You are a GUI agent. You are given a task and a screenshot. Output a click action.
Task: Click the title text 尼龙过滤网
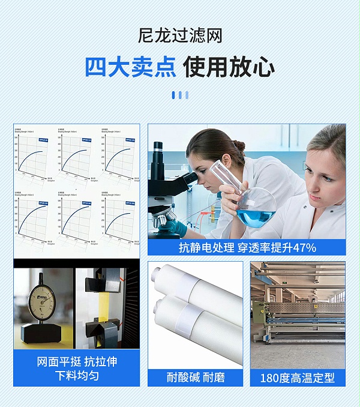point(180,35)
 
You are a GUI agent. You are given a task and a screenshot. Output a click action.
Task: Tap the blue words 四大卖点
point(130,67)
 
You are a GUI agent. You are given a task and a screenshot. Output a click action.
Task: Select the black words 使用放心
point(229,67)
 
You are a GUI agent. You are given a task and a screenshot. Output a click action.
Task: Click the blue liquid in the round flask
point(256,217)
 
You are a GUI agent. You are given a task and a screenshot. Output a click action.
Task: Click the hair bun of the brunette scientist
point(238,145)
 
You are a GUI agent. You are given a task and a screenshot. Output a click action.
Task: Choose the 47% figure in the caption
point(304,247)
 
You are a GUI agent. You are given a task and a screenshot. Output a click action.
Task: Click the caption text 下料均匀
point(77,376)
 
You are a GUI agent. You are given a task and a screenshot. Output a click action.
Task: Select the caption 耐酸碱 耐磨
point(196,378)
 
